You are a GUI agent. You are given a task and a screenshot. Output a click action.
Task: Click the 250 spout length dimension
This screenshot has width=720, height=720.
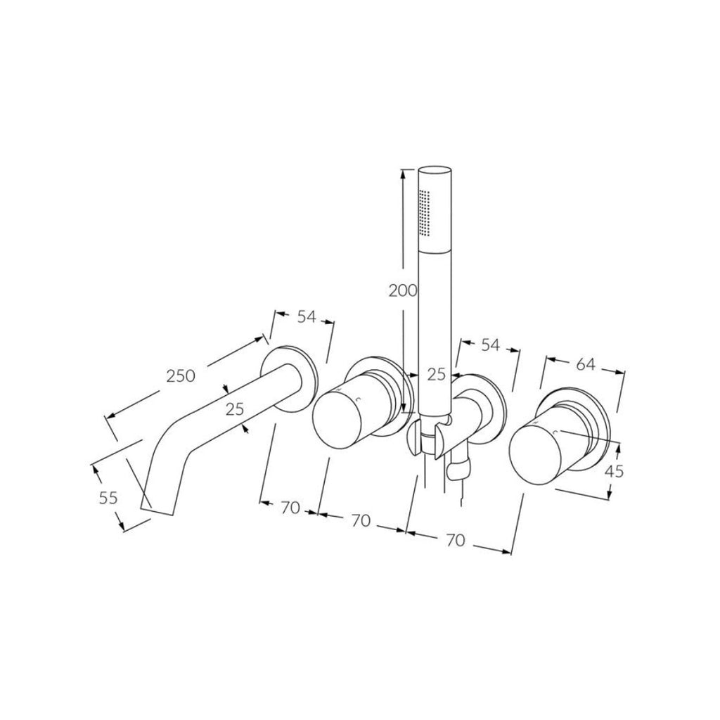pos(180,376)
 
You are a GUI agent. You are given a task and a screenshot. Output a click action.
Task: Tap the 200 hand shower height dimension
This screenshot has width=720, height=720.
pos(403,290)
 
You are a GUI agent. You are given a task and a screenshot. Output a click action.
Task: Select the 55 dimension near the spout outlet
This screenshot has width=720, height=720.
pos(108,498)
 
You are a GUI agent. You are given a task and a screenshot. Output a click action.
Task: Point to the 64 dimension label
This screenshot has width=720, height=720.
pos(585,364)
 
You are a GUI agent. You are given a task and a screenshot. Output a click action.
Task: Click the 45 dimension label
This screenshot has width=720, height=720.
pos(614,472)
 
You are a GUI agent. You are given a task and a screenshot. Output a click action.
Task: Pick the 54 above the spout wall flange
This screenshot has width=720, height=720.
pos(306,316)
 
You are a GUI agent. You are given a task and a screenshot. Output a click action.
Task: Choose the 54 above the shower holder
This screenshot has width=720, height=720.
pos(490,346)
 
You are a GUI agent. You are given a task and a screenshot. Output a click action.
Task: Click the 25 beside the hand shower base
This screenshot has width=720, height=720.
pos(437,375)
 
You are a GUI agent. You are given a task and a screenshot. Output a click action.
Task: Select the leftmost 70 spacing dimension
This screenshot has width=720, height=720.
pos(290,508)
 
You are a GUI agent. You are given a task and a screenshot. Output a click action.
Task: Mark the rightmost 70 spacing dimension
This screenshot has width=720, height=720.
pos(455,539)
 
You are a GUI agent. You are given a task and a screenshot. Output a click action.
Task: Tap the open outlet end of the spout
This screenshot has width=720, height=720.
pos(156,505)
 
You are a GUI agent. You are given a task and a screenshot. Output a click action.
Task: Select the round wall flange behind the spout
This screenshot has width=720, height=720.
pos(288,375)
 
